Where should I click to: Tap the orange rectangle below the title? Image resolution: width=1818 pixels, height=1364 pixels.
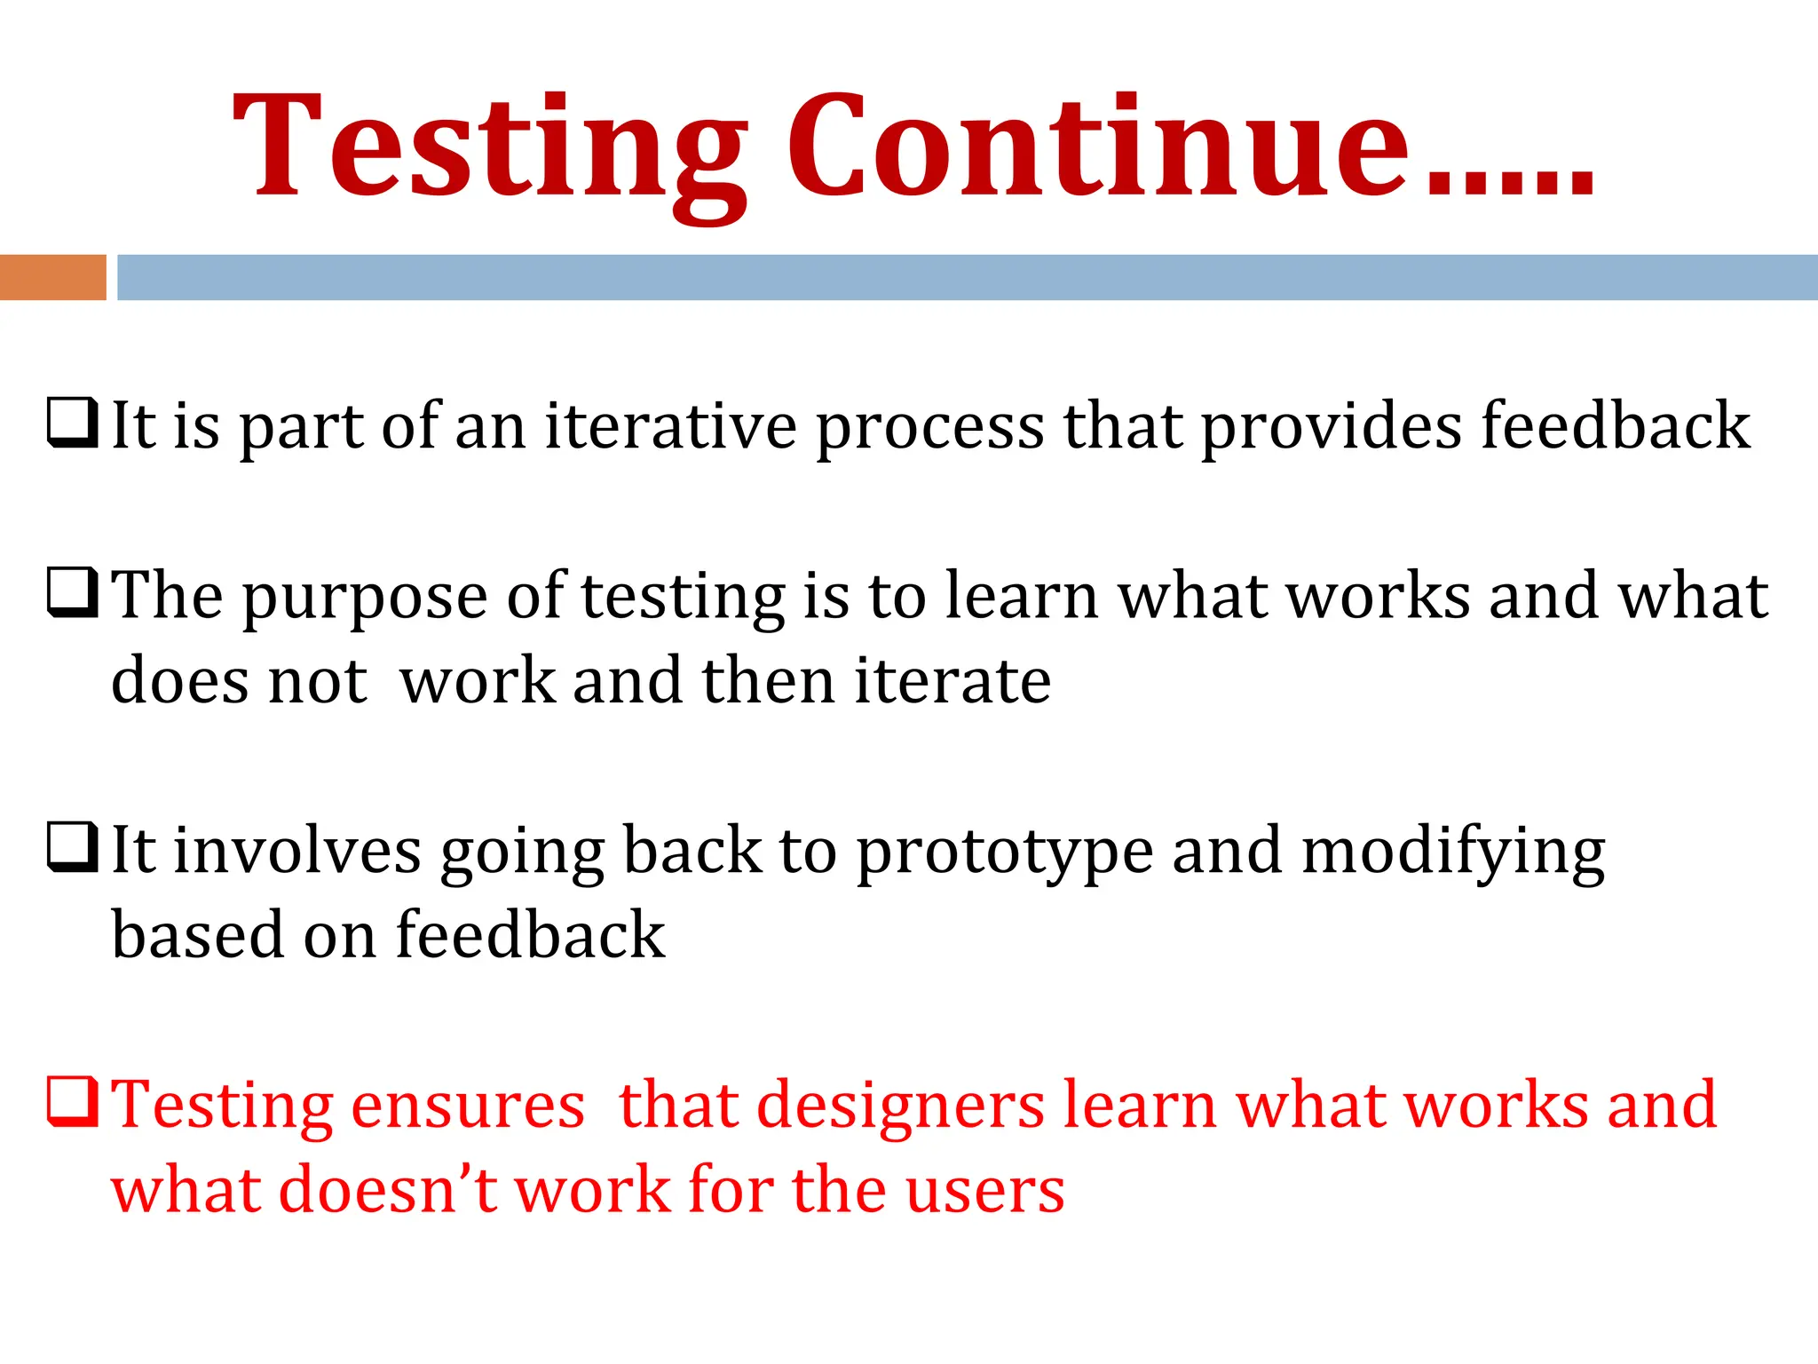(x=52, y=277)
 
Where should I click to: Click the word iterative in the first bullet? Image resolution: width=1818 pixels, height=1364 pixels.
(x=670, y=426)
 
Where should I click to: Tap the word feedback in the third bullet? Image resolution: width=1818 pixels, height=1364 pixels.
(x=530, y=934)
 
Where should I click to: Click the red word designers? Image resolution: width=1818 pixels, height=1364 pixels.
(x=900, y=1106)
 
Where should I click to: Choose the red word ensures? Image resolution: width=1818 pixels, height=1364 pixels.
(x=468, y=1106)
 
